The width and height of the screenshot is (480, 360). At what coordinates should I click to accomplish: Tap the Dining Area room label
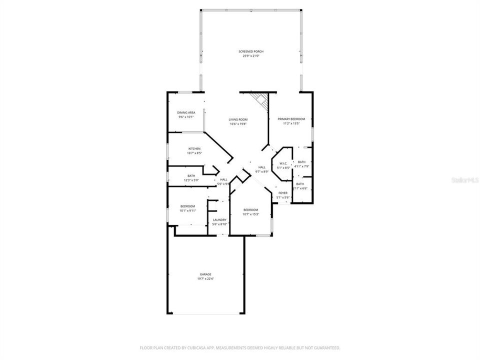click(x=186, y=112)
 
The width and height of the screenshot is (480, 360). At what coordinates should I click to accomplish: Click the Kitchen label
click(x=194, y=149)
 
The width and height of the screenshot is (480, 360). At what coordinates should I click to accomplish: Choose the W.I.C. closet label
click(x=282, y=163)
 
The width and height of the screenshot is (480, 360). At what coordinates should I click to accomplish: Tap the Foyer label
click(x=283, y=193)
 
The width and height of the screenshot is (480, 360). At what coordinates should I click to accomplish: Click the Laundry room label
click(x=219, y=219)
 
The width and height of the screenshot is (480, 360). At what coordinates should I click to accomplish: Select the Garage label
click(x=205, y=274)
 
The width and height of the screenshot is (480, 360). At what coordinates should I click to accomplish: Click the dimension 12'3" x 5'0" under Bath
click(x=191, y=180)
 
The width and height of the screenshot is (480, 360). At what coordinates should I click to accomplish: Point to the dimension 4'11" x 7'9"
click(x=301, y=166)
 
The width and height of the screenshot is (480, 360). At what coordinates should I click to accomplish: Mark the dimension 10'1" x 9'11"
click(x=188, y=210)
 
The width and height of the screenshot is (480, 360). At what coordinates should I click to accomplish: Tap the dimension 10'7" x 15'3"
click(x=250, y=214)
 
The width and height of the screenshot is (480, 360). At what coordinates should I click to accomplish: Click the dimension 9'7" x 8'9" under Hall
click(x=262, y=171)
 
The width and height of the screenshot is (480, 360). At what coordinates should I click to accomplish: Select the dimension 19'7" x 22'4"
click(x=205, y=278)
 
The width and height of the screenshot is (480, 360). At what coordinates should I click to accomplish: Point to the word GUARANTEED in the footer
click(x=325, y=347)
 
